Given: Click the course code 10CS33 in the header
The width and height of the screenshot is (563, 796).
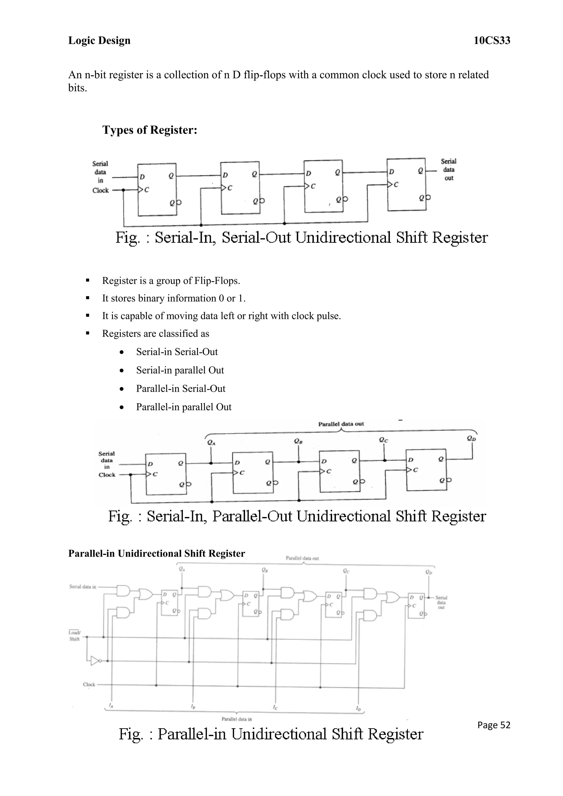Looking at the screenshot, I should click(492, 41).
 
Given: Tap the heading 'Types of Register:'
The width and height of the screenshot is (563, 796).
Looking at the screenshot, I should click(150, 130).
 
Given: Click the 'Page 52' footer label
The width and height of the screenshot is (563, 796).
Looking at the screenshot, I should click(494, 725).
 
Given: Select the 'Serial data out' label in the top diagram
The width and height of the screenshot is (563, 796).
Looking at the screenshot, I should click(449, 170).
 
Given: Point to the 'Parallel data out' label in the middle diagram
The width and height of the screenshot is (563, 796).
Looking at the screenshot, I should click(341, 424).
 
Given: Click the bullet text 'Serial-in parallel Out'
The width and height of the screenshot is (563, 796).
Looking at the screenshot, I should click(180, 370).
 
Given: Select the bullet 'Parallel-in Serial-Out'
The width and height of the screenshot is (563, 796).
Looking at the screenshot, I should click(181, 389).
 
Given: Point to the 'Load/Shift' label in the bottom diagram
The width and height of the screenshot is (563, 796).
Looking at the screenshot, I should click(74, 635).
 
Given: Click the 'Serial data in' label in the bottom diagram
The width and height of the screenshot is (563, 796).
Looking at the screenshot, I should click(82, 587).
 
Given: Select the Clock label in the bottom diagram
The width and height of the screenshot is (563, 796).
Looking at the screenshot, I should click(89, 684).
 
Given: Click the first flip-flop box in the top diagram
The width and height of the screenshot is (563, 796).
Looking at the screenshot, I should click(157, 189).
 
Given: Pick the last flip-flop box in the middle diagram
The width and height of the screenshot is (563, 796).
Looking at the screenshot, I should click(426, 469).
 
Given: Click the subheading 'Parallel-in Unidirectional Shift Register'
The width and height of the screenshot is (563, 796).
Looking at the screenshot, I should click(156, 553).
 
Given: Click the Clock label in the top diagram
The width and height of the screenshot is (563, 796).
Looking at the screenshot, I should click(101, 190).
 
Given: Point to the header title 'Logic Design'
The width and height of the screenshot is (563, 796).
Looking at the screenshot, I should click(99, 41).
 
